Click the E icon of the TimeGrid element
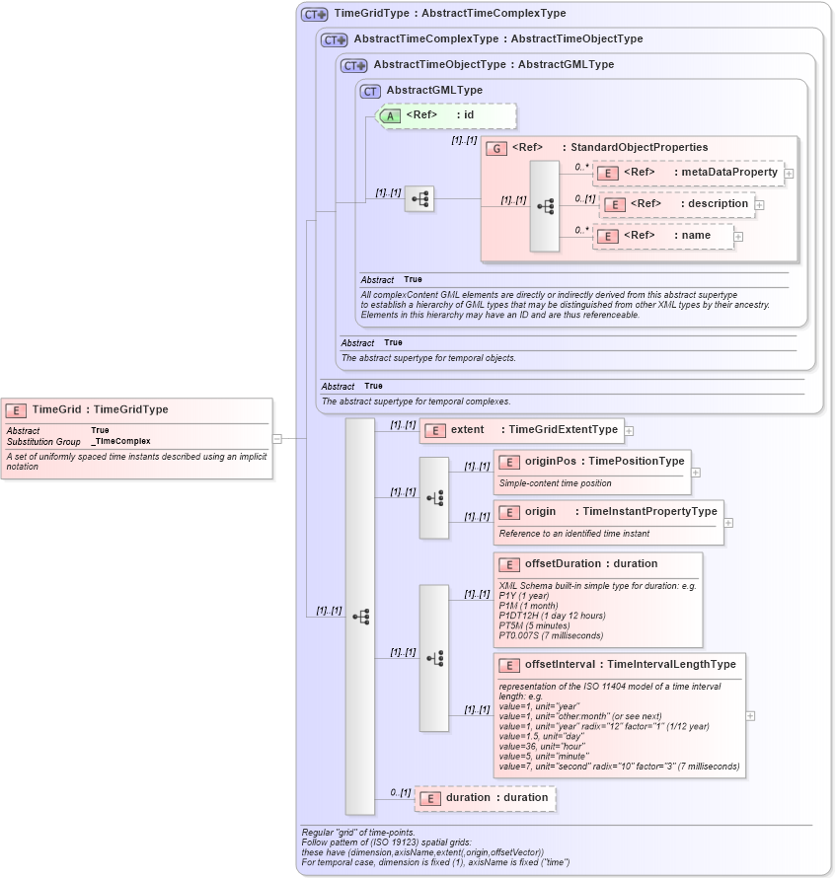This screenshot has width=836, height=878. (17, 409)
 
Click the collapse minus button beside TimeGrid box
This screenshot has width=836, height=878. (277, 439)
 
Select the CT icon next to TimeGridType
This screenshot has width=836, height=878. (315, 15)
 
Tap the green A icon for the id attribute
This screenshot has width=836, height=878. (391, 115)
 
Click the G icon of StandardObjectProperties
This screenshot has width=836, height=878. (495, 148)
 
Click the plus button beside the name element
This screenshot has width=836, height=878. (738, 237)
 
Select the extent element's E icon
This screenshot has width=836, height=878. (435, 430)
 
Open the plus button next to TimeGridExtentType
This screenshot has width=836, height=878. (629, 430)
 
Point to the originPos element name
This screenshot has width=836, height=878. (551, 461)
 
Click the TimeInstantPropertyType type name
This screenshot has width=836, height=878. (649, 512)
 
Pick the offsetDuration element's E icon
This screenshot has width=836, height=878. (509, 564)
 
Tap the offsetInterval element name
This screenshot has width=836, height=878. (561, 665)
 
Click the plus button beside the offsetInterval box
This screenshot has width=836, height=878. (751, 716)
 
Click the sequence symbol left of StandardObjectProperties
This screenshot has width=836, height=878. (544, 207)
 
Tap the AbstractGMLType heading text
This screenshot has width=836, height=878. (434, 91)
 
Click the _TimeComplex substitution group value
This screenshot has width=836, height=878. (120, 441)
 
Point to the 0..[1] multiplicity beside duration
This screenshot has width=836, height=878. (400, 792)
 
